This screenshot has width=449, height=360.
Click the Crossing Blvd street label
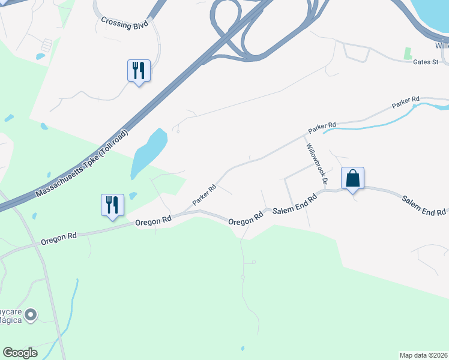124,23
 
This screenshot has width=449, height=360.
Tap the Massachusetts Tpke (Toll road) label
82,164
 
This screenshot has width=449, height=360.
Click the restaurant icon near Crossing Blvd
139,71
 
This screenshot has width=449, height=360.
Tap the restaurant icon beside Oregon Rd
112,205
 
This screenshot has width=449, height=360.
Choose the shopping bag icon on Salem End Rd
353,178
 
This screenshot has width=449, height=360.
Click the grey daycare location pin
31,314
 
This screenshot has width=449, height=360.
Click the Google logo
20,352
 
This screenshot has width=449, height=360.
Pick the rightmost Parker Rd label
406,102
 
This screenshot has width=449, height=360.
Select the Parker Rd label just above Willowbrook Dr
321,127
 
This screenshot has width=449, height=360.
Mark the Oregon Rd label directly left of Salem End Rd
246,218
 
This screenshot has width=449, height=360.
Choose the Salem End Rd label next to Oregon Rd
294,205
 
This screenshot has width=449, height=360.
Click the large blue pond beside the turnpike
149,152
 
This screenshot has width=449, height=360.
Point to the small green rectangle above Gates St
408,53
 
